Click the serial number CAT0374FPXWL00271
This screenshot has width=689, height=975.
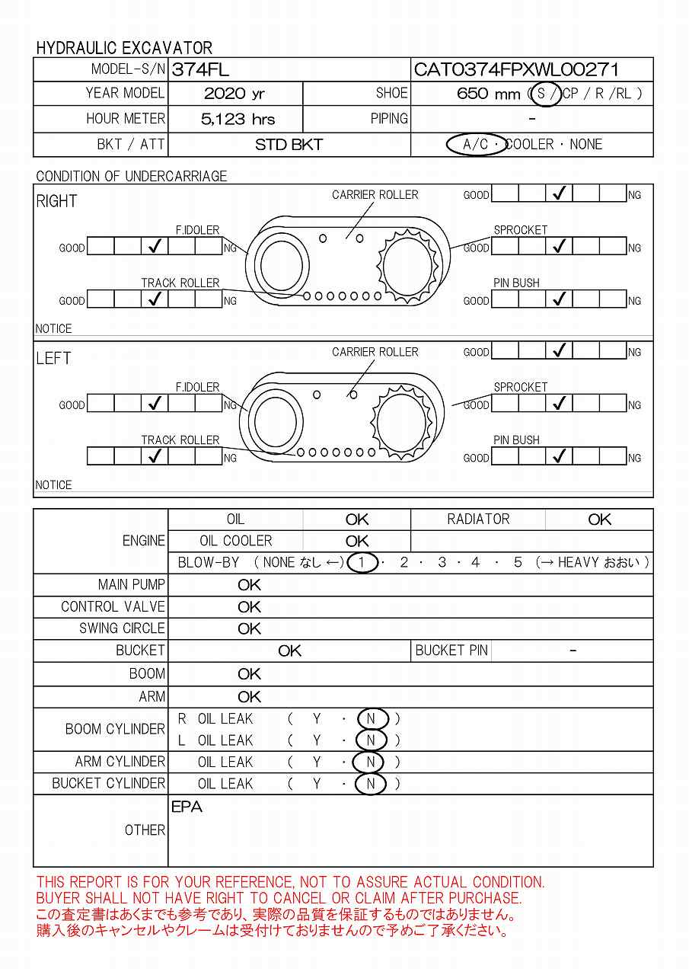pyautogui.click(x=516, y=70)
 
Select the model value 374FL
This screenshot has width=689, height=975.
pyautogui.click(x=200, y=70)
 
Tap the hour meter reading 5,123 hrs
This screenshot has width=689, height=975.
pyautogui.click(x=238, y=120)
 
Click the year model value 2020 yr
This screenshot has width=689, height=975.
pyautogui.click(x=234, y=94)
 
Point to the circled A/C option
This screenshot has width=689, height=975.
pyautogui.click(x=476, y=145)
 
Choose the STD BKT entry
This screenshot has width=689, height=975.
pyautogui.click(x=289, y=145)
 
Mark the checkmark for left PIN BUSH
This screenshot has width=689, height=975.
pyautogui.click(x=560, y=457)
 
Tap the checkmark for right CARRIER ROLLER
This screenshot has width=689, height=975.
pyautogui.click(x=560, y=194)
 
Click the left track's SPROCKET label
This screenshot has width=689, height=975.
pyautogui.click(x=520, y=387)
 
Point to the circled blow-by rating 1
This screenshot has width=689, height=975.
pyautogui.click(x=363, y=563)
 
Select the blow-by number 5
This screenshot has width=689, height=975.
pyautogui.click(x=518, y=563)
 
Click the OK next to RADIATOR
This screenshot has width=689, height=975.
pyautogui.click(x=599, y=519)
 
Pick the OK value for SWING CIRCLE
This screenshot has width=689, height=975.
pyautogui.click(x=249, y=629)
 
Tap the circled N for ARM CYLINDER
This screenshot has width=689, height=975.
pyautogui.click(x=371, y=762)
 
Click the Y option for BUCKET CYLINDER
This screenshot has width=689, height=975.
pyautogui.click(x=317, y=784)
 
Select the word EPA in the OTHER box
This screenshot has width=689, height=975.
pyautogui.click(x=187, y=807)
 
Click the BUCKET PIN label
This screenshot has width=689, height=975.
pyautogui.click(x=451, y=651)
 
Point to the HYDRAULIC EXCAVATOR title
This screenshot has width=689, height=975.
pyautogui.click(x=124, y=48)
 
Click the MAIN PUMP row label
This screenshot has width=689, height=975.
pyautogui.click(x=131, y=585)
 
